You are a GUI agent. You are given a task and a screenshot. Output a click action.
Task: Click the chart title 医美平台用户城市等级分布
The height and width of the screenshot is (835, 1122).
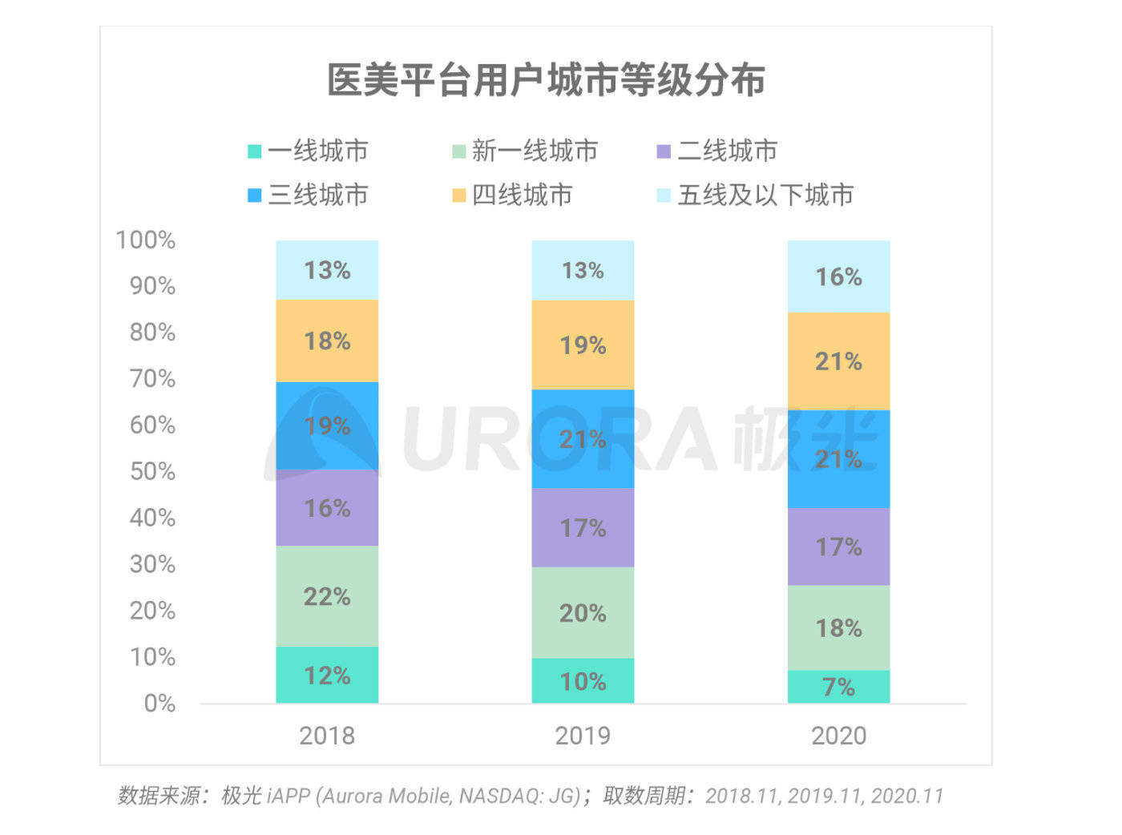546,80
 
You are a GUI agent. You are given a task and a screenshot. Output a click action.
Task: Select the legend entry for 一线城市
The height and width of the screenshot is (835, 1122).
308,151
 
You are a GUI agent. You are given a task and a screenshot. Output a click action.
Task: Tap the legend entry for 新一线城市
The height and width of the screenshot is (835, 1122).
525,151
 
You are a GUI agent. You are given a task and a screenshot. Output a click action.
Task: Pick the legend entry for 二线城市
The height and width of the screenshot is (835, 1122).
716,151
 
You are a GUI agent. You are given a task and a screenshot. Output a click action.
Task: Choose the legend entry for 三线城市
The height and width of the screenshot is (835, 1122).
308,195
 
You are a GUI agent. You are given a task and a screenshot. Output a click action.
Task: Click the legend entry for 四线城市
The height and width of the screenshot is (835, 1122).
512,195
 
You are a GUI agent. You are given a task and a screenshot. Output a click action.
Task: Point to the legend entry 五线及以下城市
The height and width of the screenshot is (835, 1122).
755,195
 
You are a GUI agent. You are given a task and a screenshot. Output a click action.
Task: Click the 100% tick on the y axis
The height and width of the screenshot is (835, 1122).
146,240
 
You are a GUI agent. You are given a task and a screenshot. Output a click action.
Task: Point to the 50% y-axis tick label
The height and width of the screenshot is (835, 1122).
153,471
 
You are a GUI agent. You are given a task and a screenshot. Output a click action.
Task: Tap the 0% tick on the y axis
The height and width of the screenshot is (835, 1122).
159,704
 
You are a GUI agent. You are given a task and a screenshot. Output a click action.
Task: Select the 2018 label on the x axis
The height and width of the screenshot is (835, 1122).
327,736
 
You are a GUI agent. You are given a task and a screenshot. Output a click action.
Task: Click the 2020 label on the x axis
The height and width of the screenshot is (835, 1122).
839,736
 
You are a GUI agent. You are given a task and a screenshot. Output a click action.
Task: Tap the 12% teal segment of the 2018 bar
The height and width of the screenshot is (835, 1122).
327,676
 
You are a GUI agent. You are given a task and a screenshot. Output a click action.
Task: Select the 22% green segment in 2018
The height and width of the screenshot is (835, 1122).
327,596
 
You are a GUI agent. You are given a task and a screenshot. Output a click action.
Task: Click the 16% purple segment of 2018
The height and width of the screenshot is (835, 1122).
327,508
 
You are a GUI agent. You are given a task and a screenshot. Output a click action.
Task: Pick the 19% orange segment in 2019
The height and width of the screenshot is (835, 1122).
583,345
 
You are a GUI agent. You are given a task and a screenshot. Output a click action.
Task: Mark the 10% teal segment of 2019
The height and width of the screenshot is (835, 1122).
583,681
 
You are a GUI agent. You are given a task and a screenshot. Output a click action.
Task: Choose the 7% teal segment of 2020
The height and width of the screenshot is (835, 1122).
839,687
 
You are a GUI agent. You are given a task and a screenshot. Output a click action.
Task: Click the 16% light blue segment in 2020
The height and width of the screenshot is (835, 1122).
839,276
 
